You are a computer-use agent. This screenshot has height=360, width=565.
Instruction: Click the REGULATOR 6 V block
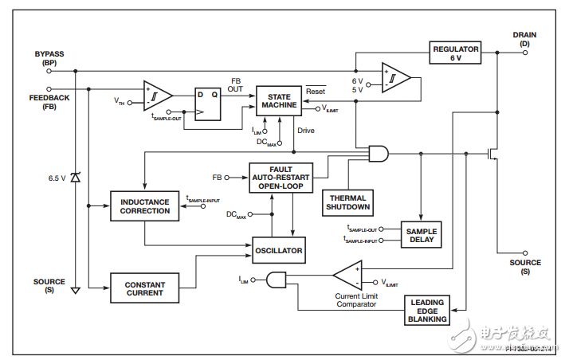tap(456, 53)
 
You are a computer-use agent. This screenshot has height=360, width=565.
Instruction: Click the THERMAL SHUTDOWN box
tap(348, 202)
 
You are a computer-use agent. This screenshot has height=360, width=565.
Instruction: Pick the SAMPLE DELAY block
tap(421, 235)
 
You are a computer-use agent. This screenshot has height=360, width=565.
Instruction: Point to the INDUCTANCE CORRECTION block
tap(144, 206)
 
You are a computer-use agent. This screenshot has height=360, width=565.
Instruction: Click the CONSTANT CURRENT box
tap(144, 288)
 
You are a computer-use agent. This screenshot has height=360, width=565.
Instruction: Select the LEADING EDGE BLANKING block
tap(428, 311)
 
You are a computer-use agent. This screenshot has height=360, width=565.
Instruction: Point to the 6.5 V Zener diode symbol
tap(76, 178)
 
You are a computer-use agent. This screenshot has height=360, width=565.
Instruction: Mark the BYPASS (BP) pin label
tap(49, 58)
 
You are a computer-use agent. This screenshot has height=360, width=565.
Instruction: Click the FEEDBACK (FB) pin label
tap(49, 102)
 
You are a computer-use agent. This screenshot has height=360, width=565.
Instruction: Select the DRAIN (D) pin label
tap(524, 39)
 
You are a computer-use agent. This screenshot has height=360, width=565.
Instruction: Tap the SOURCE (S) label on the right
tap(525, 267)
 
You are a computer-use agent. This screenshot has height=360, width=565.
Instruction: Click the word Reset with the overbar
tap(316, 91)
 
